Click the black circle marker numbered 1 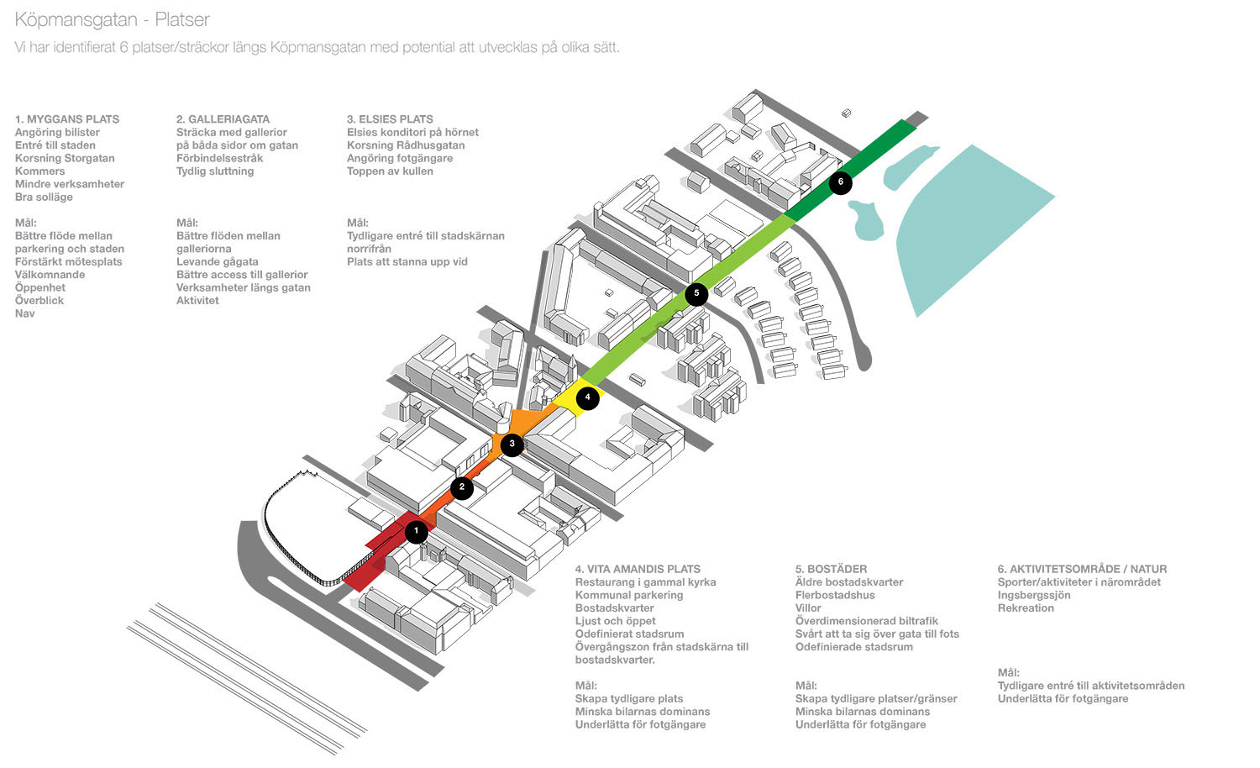point(416,531)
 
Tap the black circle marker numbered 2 point(461,487)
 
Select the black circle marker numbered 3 point(512,444)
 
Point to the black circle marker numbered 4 point(588,397)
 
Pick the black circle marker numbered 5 point(696,293)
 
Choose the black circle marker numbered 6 point(840,182)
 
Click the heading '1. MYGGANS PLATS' point(67,119)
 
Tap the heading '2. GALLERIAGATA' point(223,119)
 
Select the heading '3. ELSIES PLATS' point(390,119)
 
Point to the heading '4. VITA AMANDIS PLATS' point(638,569)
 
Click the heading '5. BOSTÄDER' point(831,569)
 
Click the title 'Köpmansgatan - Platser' point(113,19)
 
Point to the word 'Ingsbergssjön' point(1033,595)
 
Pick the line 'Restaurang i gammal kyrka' point(645,581)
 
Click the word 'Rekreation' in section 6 point(1025,608)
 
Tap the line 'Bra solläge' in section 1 point(44,197)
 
